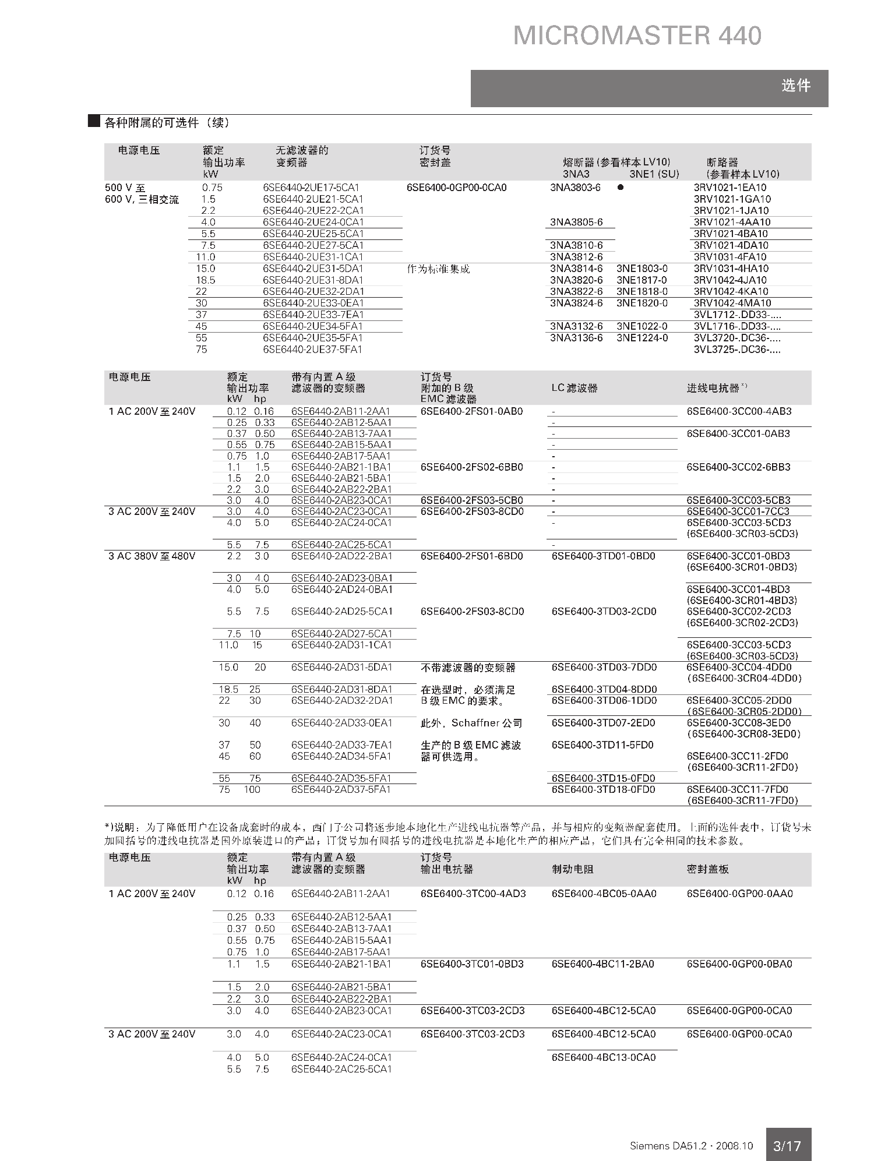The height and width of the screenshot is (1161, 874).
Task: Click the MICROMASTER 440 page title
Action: click(637, 36)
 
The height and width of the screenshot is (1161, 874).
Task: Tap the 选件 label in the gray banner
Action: click(795, 86)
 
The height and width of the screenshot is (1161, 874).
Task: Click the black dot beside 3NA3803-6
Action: click(621, 188)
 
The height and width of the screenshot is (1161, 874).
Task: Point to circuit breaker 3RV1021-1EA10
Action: click(730, 188)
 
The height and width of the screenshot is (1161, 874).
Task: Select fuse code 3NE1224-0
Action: click(642, 338)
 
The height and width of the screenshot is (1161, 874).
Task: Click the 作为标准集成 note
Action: click(438, 269)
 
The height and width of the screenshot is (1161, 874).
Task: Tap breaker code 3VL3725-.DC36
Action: click(737, 350)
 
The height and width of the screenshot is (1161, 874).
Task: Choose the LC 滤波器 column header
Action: click(575, 388)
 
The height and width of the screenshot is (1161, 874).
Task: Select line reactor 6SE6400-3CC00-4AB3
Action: click(739, 411)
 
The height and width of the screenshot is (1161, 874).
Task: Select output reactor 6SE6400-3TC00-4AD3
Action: click(473, 894)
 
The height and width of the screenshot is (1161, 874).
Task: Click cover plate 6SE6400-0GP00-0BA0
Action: click(739, 964)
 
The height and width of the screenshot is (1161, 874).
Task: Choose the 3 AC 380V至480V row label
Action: click(151, 556)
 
